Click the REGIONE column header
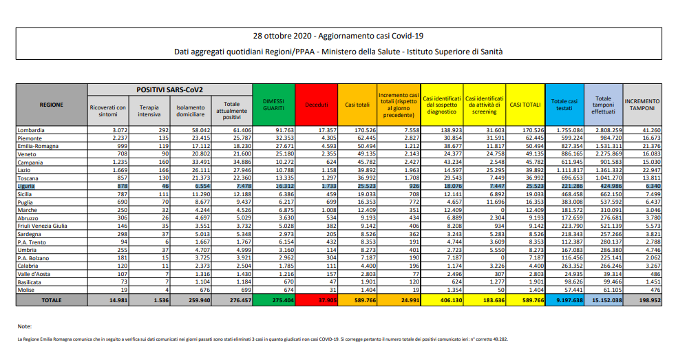point(51,105)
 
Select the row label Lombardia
point(32,129)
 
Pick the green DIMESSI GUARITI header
point(273,105)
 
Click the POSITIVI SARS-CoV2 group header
point(169,89)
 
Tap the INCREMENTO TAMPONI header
point(642,105)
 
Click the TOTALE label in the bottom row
point(51,301)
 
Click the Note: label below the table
point(25,326)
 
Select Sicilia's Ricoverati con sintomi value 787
point(118,194)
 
